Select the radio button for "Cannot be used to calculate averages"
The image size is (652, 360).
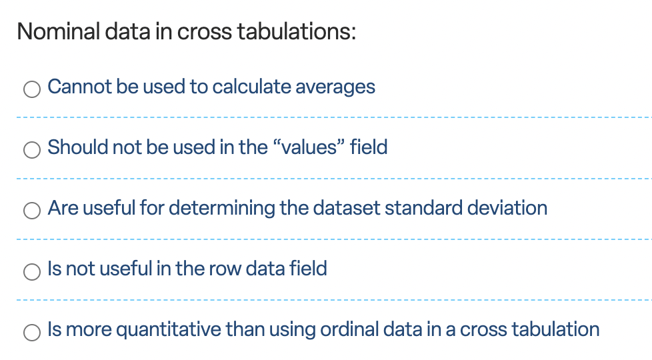click(32, 89)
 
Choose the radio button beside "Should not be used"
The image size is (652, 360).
click(32, 150)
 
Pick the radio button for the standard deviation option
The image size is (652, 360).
click(32, 211)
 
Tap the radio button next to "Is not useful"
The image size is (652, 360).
click(32, 271)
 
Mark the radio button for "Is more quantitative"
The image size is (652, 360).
click(32, 332)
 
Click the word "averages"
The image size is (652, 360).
click(335, 87)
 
